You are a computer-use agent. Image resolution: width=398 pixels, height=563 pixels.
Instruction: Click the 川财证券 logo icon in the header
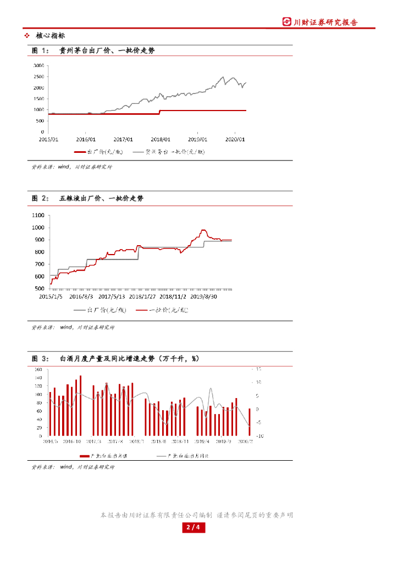287,22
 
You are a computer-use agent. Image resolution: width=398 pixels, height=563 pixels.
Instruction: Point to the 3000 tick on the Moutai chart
38,65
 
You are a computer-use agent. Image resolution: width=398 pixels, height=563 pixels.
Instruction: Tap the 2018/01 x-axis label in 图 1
161,140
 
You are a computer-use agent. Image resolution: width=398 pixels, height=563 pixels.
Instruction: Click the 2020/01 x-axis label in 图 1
235,140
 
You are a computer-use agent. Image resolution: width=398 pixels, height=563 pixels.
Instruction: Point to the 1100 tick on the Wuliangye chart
38,215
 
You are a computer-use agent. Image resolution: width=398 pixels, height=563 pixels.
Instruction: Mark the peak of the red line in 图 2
203,230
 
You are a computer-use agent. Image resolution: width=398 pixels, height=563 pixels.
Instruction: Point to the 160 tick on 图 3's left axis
38,369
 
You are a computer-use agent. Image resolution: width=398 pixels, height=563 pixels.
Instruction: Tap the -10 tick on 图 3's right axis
259,435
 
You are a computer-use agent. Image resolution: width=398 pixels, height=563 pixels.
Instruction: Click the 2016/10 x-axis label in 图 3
72,441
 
